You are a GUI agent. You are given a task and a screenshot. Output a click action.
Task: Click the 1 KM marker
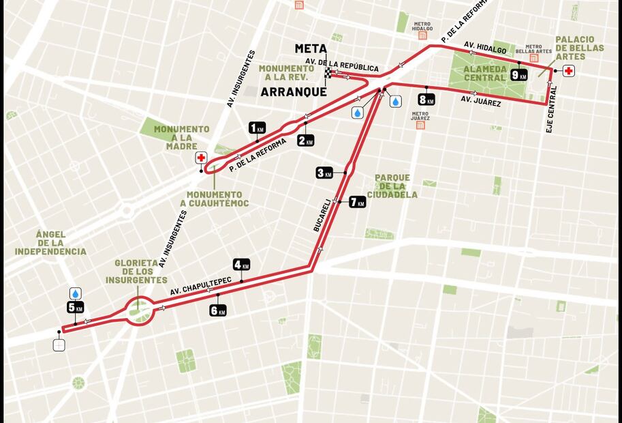pos(256,128)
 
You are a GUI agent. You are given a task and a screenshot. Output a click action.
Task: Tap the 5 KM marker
pos(75,308)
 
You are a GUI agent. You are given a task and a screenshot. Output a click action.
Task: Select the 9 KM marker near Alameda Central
pos(518,75)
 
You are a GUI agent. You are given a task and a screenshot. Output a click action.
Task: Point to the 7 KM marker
pos(357,202)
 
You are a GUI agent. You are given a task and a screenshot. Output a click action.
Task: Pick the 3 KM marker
pos(324,173)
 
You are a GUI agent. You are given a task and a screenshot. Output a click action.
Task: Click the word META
pos(310,48)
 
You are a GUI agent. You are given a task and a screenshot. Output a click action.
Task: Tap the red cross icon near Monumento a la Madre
pos(201,158)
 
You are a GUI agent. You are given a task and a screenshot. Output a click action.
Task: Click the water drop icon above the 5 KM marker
pos(75,293)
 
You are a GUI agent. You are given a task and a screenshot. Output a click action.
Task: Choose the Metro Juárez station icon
pos(420,125)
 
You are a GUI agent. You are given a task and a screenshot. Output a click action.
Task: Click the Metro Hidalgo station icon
pos(422,35)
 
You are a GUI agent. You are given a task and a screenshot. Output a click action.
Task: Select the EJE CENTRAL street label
pos(551,108)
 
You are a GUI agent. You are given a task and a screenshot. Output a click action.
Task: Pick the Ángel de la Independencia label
pos(50,242)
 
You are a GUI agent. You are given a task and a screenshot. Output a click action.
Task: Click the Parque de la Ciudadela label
pos(392,186)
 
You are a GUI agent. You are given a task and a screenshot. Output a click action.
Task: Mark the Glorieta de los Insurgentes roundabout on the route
pos(139,312)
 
